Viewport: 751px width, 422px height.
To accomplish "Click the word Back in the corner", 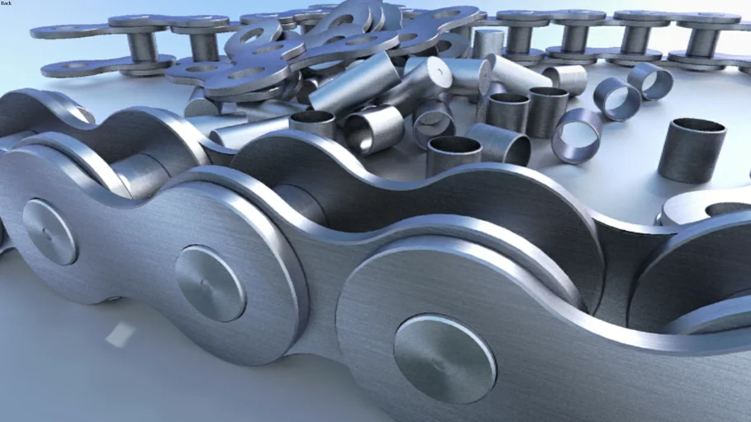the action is point(6,2).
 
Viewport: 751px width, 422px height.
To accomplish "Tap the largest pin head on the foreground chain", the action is point(445,359).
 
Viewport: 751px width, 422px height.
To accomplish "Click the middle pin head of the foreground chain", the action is point(210,284).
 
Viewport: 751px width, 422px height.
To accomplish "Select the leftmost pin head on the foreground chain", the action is point(50,232).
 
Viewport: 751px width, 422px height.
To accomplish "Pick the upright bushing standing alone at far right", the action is point(691,149).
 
